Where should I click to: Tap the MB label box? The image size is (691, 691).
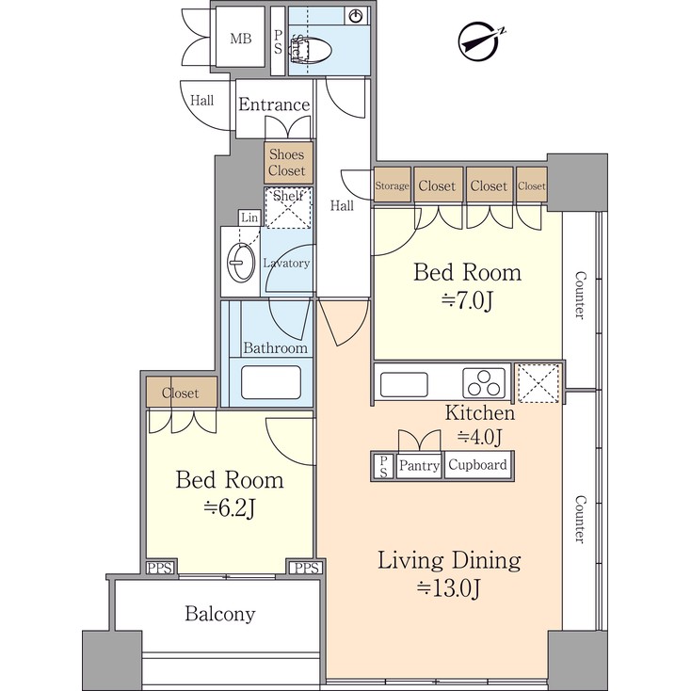pyautogui.click(x=241, y=39)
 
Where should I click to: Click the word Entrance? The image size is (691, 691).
pyautogui.click(x=273, y=104)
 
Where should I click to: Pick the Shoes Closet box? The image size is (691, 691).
pyautogui.click(x=287, y=163)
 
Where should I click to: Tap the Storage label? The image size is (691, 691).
pyautogui.click(x=393, y=186)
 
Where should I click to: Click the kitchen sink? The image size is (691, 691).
pyautogui.click(x=404, y=383)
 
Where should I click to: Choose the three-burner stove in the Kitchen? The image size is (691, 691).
pyautogui.click(x=484, y=383)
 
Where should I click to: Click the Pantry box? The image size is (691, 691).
pyautogui.click(x=419, y=465)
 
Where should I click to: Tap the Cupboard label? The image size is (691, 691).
pyautogui.click(x=477, y=465)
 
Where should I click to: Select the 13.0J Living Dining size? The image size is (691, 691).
pyautogui.click(x=449, y=589)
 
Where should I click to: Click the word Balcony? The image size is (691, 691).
pyautogui.click(x=219, y=615)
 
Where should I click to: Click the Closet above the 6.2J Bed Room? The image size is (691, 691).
pyautogui.click(x=180, y=393)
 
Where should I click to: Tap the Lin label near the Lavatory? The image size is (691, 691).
pyautogui.click(x=249, y=217)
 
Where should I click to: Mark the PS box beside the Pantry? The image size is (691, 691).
pyautogui.click(x=384, y=465)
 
